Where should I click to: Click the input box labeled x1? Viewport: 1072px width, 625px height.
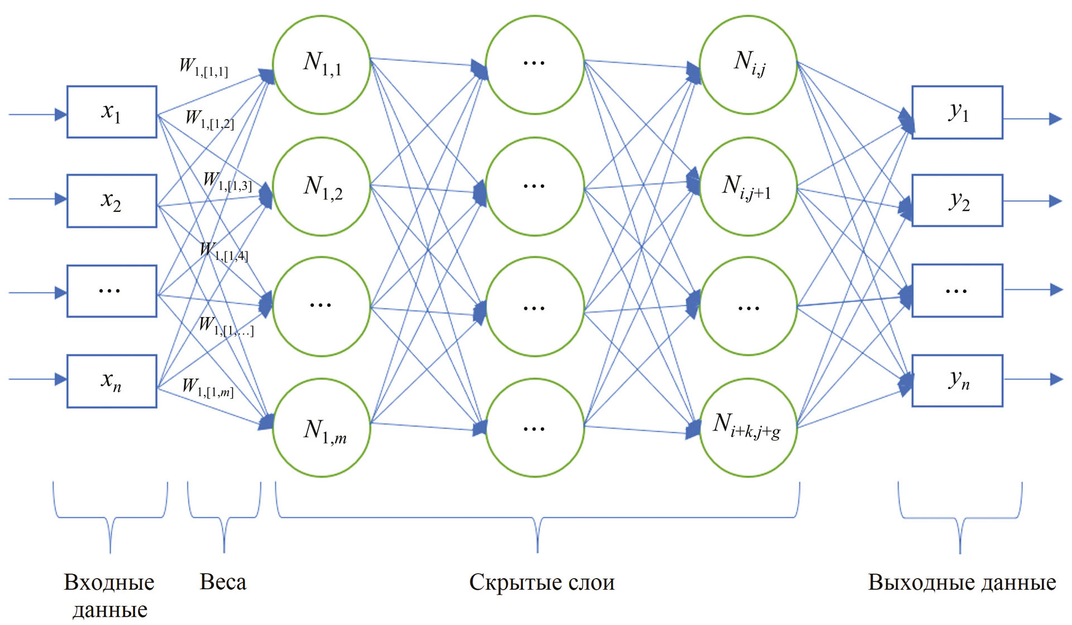pyautogui.click(x=112, y=112)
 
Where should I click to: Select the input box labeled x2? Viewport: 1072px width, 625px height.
pyautogui.click(x=112, y=201)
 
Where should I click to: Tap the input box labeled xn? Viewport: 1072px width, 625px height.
pyautogui.click(x=112, y=381)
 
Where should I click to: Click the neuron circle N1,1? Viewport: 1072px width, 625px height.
pyautogui.click(x=322, y=65)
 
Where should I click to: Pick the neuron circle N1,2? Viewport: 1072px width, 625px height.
pyautogui.click(x=322, y=187)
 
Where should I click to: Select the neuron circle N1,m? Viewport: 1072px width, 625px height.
pyautogui.click(x=322, y=428)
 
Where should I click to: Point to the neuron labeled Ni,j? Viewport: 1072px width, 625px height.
pyautogui.click(x=749, y=65)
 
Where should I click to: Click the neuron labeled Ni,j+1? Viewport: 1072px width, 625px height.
pyautogui.click(x=749, y=187)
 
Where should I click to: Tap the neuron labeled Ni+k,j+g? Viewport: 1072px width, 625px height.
pyautogui.click(x=749, y=428)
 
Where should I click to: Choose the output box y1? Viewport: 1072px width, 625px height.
pyautogui.click(x=957, y=112)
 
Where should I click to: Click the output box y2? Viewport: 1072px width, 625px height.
pyautogui.click(x=957, y=201)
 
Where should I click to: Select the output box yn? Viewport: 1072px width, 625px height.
pyautogui.click(x=957, y=381)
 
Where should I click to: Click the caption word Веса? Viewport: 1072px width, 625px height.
pyautogui.click(x=223, y=583)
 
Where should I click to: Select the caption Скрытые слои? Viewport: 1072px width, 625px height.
pyautogui.click(x=541, y=583)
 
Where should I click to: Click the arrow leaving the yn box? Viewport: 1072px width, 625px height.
pyautogui.click(x=1033, y=380)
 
